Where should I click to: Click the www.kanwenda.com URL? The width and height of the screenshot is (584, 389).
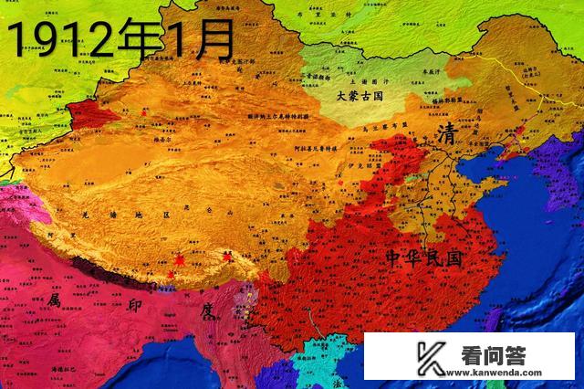498,372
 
